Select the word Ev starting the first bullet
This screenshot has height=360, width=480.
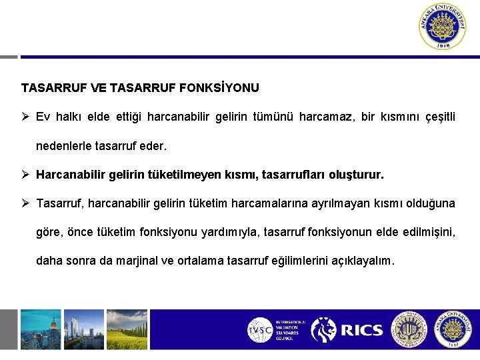point(43,117)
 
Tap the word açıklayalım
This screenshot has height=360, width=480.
point(361,261)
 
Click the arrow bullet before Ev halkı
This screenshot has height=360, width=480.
point(25,117)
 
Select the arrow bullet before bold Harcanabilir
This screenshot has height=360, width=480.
point(25,175)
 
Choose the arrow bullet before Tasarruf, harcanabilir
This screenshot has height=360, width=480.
point(25,203)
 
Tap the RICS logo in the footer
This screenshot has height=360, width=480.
point(347,329)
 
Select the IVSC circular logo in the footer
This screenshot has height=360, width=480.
point(260,330)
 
